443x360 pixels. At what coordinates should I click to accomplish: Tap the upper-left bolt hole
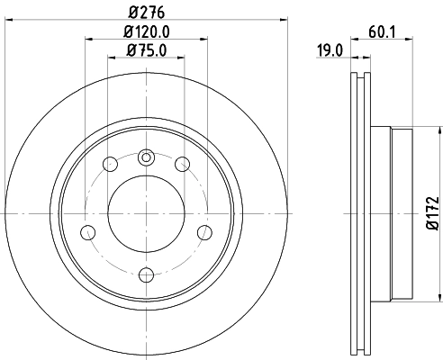(x=111, y=164)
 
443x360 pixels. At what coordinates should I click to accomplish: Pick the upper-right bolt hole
(x=182, y=164)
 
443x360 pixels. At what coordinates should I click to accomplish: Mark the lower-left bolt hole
(x=88, y=233)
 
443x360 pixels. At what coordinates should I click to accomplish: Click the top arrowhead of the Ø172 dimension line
(x=417, y=131)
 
